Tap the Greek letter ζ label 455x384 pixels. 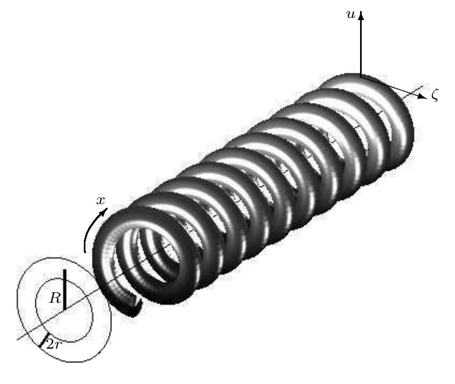click(x=434, y=96)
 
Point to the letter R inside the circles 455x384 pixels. click(x=55, y=298)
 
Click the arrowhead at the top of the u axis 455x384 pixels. click(x=361, y=16)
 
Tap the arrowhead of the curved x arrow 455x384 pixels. click(x=105, y=212)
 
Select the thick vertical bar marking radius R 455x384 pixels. click(x=64, y=289)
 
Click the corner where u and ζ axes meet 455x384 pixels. click(x=361, y=76)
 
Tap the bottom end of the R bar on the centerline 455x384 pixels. click(x=64, y=309)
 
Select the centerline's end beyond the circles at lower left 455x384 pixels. click(x=18, y=338)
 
